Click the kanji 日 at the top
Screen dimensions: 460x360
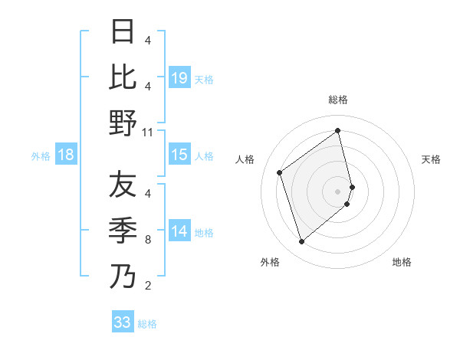123,32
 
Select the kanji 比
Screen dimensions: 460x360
123,77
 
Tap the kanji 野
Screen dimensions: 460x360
123,123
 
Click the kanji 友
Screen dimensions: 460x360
123,185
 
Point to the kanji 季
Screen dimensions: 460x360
123,230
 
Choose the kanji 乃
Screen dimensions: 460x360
123,276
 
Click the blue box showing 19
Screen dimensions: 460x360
179,78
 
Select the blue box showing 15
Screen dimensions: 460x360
179,155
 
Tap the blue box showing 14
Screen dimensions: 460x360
179,232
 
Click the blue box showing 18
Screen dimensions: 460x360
66,155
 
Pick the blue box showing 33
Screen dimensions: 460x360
123,322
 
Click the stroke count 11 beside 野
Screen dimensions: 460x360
148,133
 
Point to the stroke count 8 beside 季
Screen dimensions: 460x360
147,240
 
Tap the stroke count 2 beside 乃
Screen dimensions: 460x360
147,286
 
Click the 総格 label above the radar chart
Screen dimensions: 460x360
337,100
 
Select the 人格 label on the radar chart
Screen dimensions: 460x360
245,159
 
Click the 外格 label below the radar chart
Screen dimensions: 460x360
270,263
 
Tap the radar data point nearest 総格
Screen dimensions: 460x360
338,130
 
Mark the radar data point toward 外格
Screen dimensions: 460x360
301,242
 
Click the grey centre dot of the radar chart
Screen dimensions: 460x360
338,190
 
